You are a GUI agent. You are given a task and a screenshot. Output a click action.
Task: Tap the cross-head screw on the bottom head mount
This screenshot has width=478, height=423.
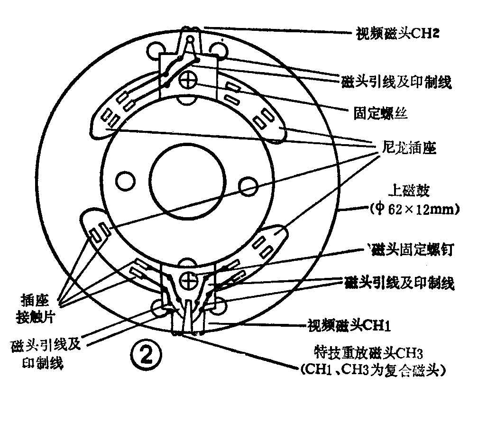tap(189, 281)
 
